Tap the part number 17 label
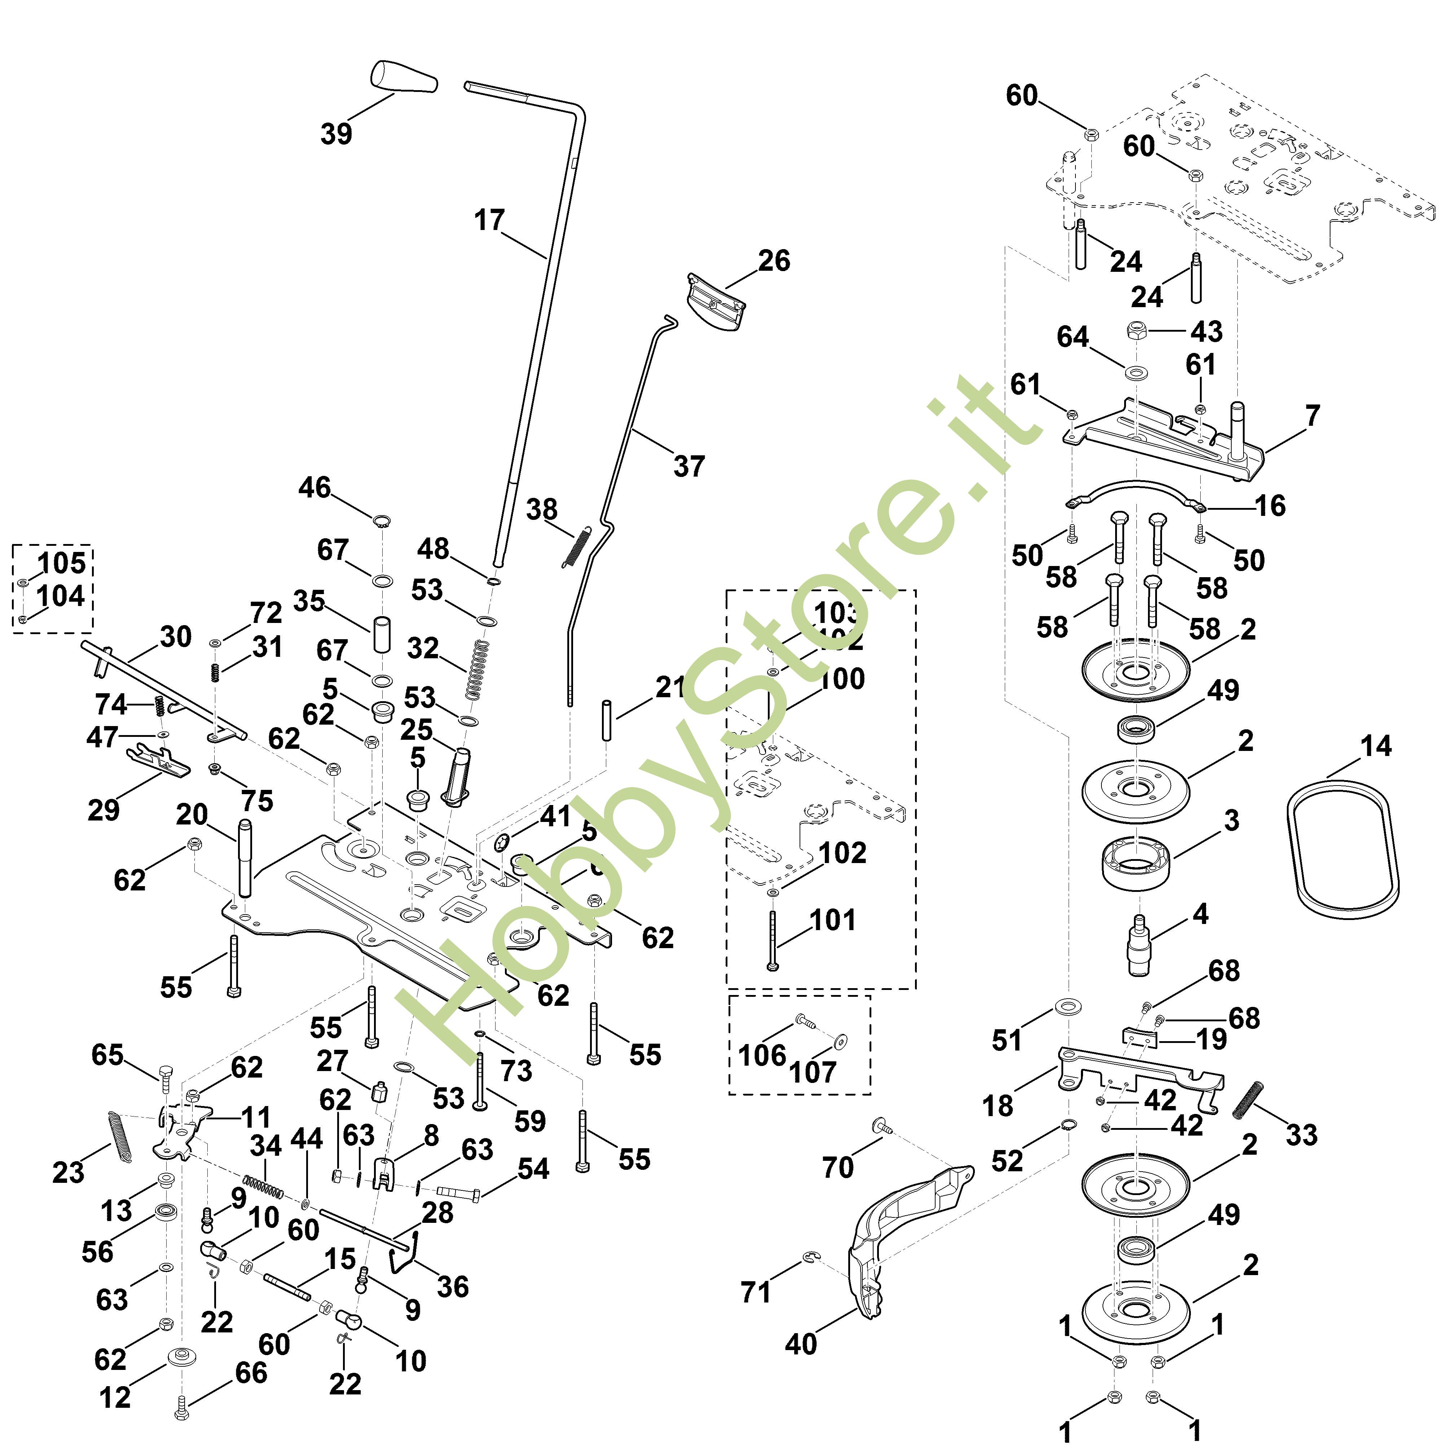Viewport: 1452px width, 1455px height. (x=489, y=221)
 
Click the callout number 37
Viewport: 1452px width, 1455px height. (x=689, y=466)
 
